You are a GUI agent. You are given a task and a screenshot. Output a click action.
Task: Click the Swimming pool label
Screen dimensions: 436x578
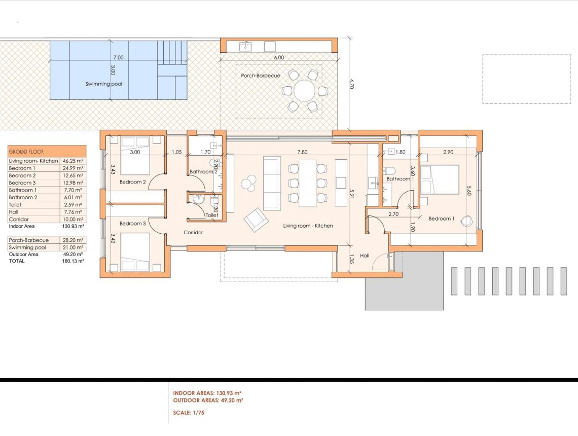pos(103,84)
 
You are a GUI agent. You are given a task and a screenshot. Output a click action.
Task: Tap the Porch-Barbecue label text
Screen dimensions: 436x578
pos(261,76)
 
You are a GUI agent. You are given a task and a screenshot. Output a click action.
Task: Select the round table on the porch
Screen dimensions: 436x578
pos(304,91)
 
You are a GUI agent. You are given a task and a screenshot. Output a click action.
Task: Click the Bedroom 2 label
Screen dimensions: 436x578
pos(132,182)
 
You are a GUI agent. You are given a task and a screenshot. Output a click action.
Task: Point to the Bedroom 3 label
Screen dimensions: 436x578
pos(132,224)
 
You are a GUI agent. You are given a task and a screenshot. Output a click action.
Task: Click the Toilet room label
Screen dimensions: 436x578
pos(212,215)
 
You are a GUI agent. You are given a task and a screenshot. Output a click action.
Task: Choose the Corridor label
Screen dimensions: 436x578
pos(193,233)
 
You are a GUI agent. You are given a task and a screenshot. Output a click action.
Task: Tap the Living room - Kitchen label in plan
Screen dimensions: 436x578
pos(308,226)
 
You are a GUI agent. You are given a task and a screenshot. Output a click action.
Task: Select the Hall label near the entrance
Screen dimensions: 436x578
pos(364,257)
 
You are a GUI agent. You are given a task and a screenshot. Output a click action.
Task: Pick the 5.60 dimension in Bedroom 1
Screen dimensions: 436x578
pos(469,191)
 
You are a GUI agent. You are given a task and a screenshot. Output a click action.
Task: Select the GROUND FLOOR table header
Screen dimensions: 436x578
pos(26,152)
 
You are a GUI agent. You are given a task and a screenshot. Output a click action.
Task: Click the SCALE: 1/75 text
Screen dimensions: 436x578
pos(189,413)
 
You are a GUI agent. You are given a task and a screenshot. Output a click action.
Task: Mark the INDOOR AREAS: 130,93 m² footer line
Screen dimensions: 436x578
pos(207,393)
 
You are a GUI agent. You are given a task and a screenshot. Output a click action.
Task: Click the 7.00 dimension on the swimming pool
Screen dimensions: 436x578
pos(118,58)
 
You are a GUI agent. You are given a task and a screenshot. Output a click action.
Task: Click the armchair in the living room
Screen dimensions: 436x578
pos(256,220)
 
